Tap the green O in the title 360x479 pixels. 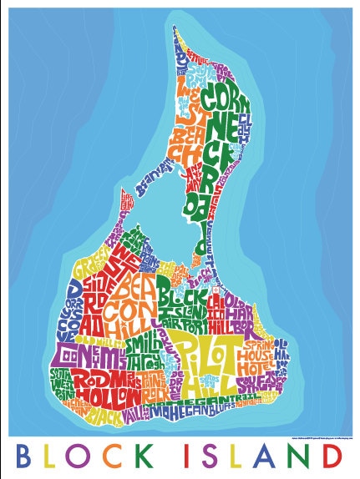click(91, 456)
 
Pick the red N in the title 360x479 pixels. click(305, 456)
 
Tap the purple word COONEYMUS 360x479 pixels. click(74, 355)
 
